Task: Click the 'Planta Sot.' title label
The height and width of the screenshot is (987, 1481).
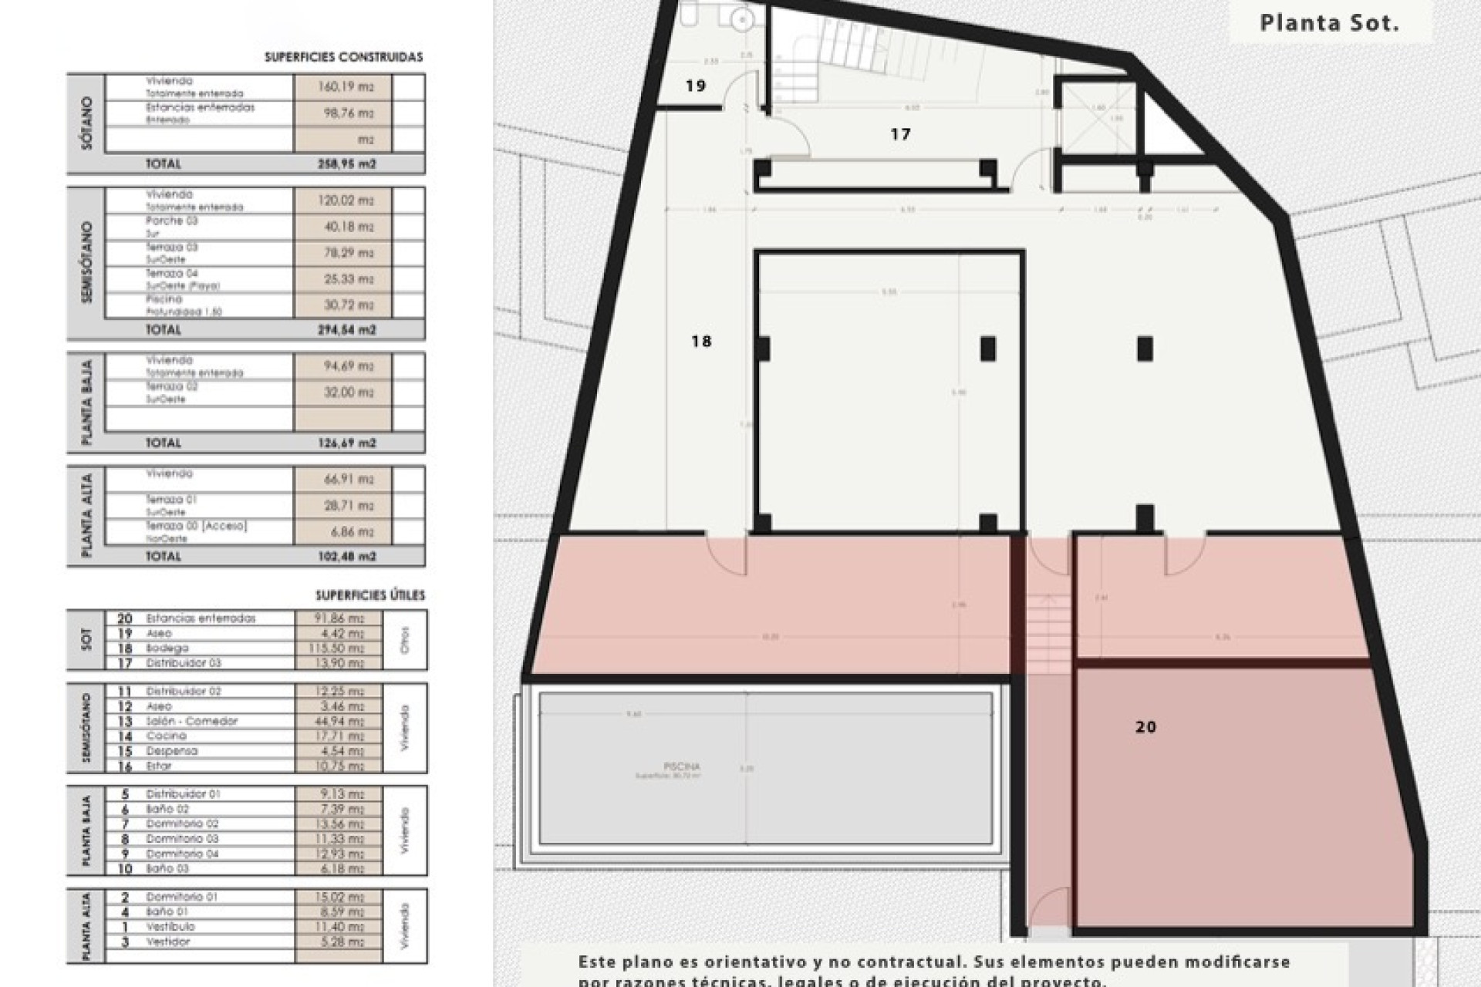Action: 1329,23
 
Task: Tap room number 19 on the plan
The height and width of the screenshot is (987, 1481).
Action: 695,86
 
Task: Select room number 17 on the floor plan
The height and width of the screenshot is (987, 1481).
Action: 900,134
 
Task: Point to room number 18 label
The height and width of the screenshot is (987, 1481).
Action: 700,341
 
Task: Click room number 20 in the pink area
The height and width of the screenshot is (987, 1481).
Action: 1145,726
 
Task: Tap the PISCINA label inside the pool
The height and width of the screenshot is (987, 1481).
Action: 681,766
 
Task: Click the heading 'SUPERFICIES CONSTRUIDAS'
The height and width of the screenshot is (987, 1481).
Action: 343,57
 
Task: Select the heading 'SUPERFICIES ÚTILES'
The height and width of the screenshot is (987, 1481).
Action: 369,595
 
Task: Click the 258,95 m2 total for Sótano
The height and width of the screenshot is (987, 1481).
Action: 346,164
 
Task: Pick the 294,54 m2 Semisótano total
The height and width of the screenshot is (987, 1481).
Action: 346,330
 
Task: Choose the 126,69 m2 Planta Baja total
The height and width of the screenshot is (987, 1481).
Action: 346,443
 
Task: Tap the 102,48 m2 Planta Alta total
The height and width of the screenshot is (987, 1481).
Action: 346,557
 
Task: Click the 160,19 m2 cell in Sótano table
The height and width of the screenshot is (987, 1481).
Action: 345,87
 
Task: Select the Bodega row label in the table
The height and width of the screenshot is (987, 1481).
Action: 167,648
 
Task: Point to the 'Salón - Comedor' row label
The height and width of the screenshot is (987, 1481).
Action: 191,721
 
